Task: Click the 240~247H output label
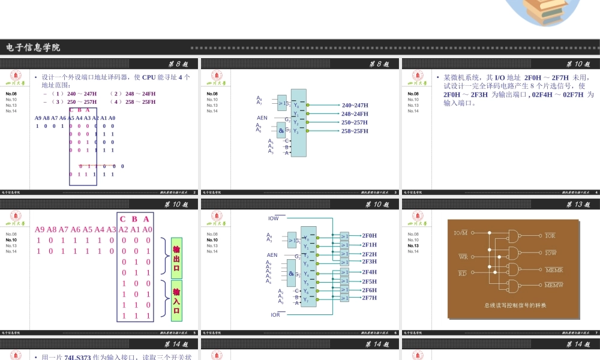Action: click(x=355, y=105)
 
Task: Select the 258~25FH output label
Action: click(x=355, y=131)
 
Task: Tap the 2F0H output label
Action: click(x=370, y=236)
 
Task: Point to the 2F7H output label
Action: click(x=370, y=298)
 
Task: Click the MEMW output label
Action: click(x=554, y=284)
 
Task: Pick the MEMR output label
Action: click(x=554, y=270)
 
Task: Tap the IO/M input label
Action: click(x=461, y=233)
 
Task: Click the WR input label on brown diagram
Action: click(x=463, y=257)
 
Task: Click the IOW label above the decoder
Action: click(x=274, y=218)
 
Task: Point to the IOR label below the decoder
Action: click(x=275, y=314)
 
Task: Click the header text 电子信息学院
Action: click(x=33, y=47)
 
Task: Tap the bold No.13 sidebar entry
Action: click(x=413, y=245)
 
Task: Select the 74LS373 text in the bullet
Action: click(x=77, y=358)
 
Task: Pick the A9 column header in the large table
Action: click(x=40, y=229)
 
